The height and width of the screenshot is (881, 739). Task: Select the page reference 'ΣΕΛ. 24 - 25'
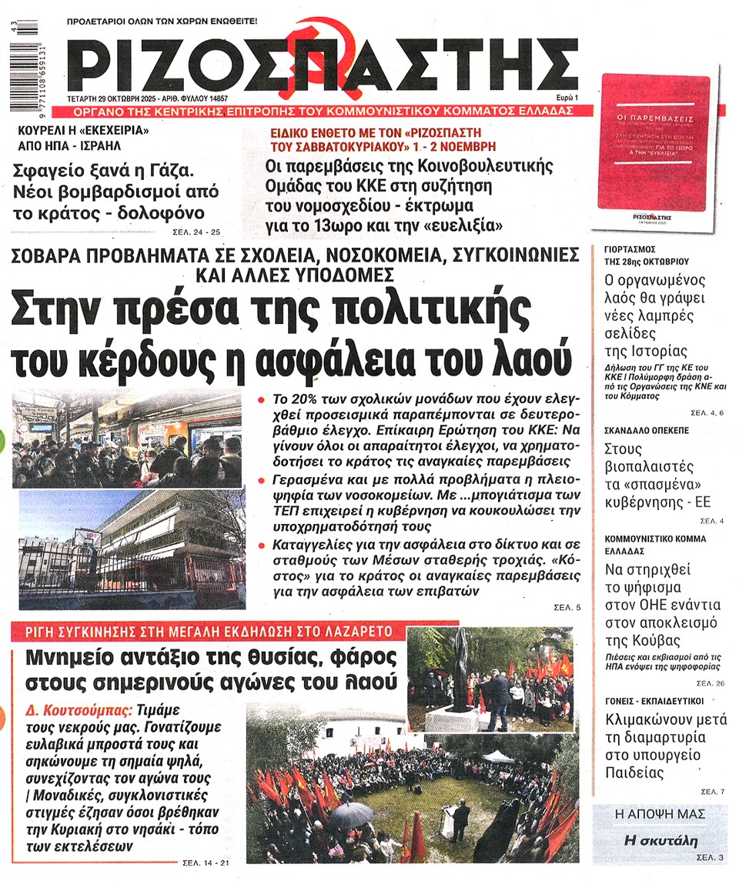click(196, 232)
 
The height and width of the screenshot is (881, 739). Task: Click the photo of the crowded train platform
click(127, 439)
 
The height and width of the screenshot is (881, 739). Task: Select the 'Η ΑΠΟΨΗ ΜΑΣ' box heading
click(660, 814)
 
